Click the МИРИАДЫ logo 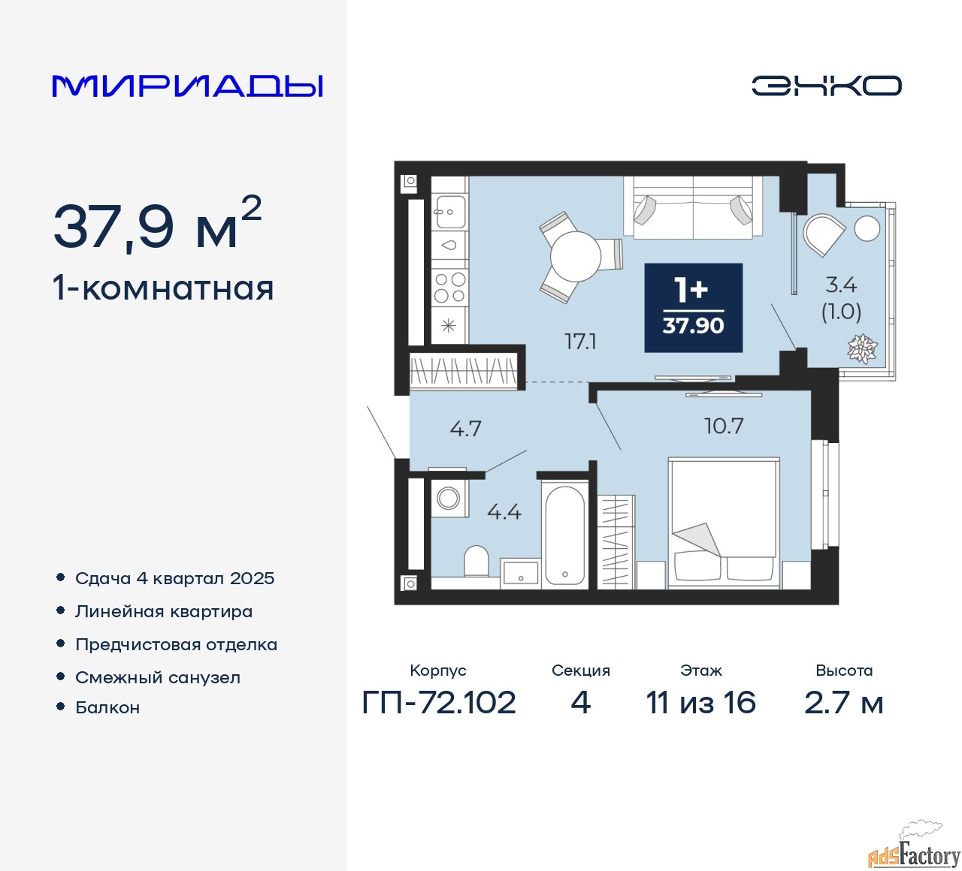coord(188,86)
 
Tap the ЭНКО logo coord(826,86)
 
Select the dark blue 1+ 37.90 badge coord(693,307)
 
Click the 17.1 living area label coord(580,342)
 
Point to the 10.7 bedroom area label coord(723,426)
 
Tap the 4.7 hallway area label coord(465,429)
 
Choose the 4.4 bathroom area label coord(504,512)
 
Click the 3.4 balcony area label coord(841,285)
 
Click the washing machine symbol coord(449,498)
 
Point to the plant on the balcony coord(862,348)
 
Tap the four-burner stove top coord(449,288)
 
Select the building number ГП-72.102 coord(439,703)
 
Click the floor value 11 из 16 coord(700,703)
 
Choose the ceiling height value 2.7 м coord(843,703)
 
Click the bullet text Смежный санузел coord(158,677)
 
